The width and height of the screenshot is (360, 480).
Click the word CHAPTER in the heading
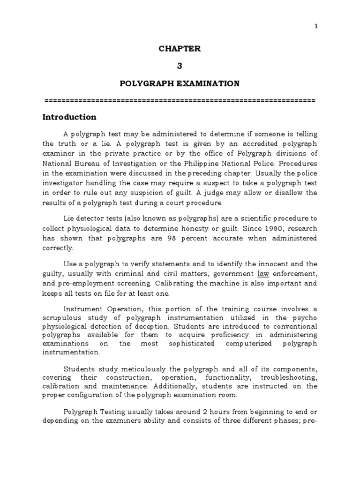(x=179, y=49)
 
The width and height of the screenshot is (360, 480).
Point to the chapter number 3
(x=179, y=66)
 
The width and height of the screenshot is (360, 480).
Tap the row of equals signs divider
(x=179, y=100)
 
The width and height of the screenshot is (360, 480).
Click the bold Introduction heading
(x=69, y=117)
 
